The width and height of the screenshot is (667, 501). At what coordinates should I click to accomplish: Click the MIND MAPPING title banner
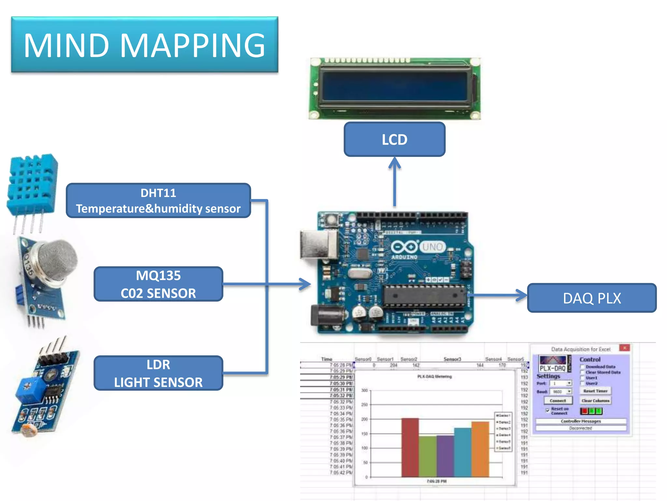click(x=145, y=45)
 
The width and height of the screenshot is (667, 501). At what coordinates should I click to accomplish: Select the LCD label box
click(x=394, y=140)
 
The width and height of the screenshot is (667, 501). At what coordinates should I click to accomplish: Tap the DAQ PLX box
click(x=591, y=298)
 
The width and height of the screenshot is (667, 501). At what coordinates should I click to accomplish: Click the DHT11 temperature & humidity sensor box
click(x=158, y=201)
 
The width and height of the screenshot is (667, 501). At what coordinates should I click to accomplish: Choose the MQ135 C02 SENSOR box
click(x=158, y=284)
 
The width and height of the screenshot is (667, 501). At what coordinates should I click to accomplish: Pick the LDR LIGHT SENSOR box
click(x=158, y=373)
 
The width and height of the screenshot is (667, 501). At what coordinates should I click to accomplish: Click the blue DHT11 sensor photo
click(x=33, y=186)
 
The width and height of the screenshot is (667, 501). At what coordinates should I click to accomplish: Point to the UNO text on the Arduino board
click(x=432, y=247)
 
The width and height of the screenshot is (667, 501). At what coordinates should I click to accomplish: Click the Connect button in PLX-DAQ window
click(x=558, y=401)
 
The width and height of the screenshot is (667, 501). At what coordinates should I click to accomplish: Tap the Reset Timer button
click(x=595, y=391)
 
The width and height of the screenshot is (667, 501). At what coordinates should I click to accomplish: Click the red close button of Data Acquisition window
click(x=624, y=348)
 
